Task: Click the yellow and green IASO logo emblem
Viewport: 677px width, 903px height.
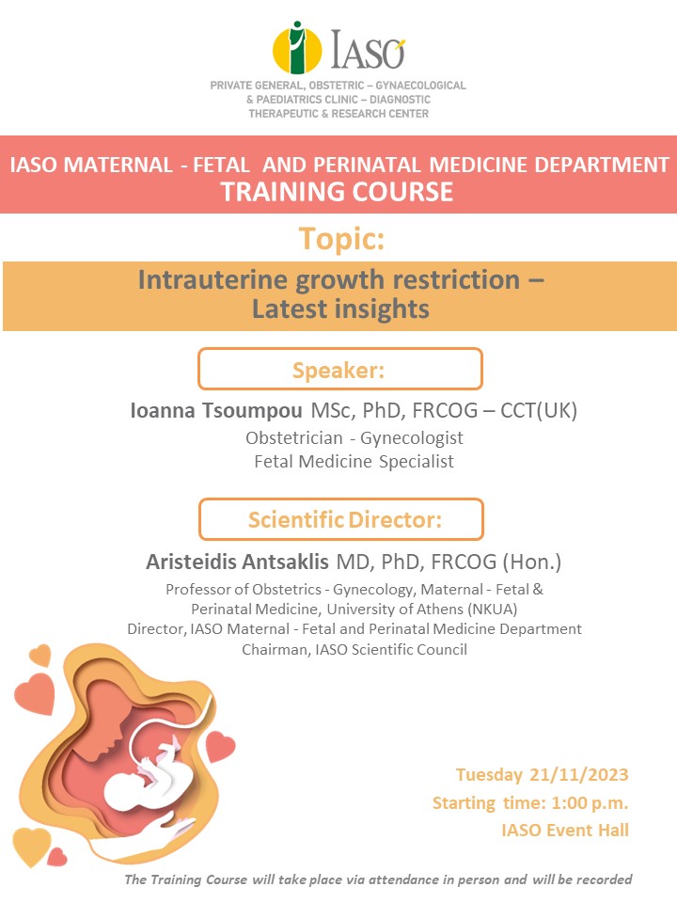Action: pyautogui.click(x=296, y=48)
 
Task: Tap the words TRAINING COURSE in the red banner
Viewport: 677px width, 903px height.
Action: pyautogui.click(x=338, y=192)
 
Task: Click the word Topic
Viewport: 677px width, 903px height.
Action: pyautogui.click(x=341, y=238)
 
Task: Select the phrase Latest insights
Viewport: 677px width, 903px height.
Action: pyautogui.click(x=340, y=309)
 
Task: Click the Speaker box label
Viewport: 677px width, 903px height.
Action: pyautogui.click(x=338, y=370)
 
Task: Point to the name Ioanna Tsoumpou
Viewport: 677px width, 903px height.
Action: pyautogui.click(x=216, y=411)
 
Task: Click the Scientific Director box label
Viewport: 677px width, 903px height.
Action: pyautogui.click(x=345, y=519)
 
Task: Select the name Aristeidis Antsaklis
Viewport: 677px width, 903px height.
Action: pyautogui.click(x=237, y=562)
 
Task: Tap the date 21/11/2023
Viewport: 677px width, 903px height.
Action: pyautogui.click(x=578, y=774)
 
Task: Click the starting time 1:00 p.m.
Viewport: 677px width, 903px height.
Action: pyautogui.click(x=590, y=802)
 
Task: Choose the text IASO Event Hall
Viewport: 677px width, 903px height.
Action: pyautogui.click(x=565, y=830)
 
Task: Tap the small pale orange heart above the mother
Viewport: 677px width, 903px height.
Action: pyautogui.click(x=40, y=656)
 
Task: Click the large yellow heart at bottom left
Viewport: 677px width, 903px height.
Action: pyautogui.click(x=31, y=845)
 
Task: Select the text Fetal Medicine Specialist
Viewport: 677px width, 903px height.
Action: pyautogui.click(x=354, y=461)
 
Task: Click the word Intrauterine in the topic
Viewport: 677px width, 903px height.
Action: pyautogui.click(x=213, y=280)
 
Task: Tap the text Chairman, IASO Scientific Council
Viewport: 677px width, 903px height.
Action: pyautogui.click(x=354, y=649)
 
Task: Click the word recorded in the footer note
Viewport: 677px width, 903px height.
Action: pyautogui.click(x=604, y=879)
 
